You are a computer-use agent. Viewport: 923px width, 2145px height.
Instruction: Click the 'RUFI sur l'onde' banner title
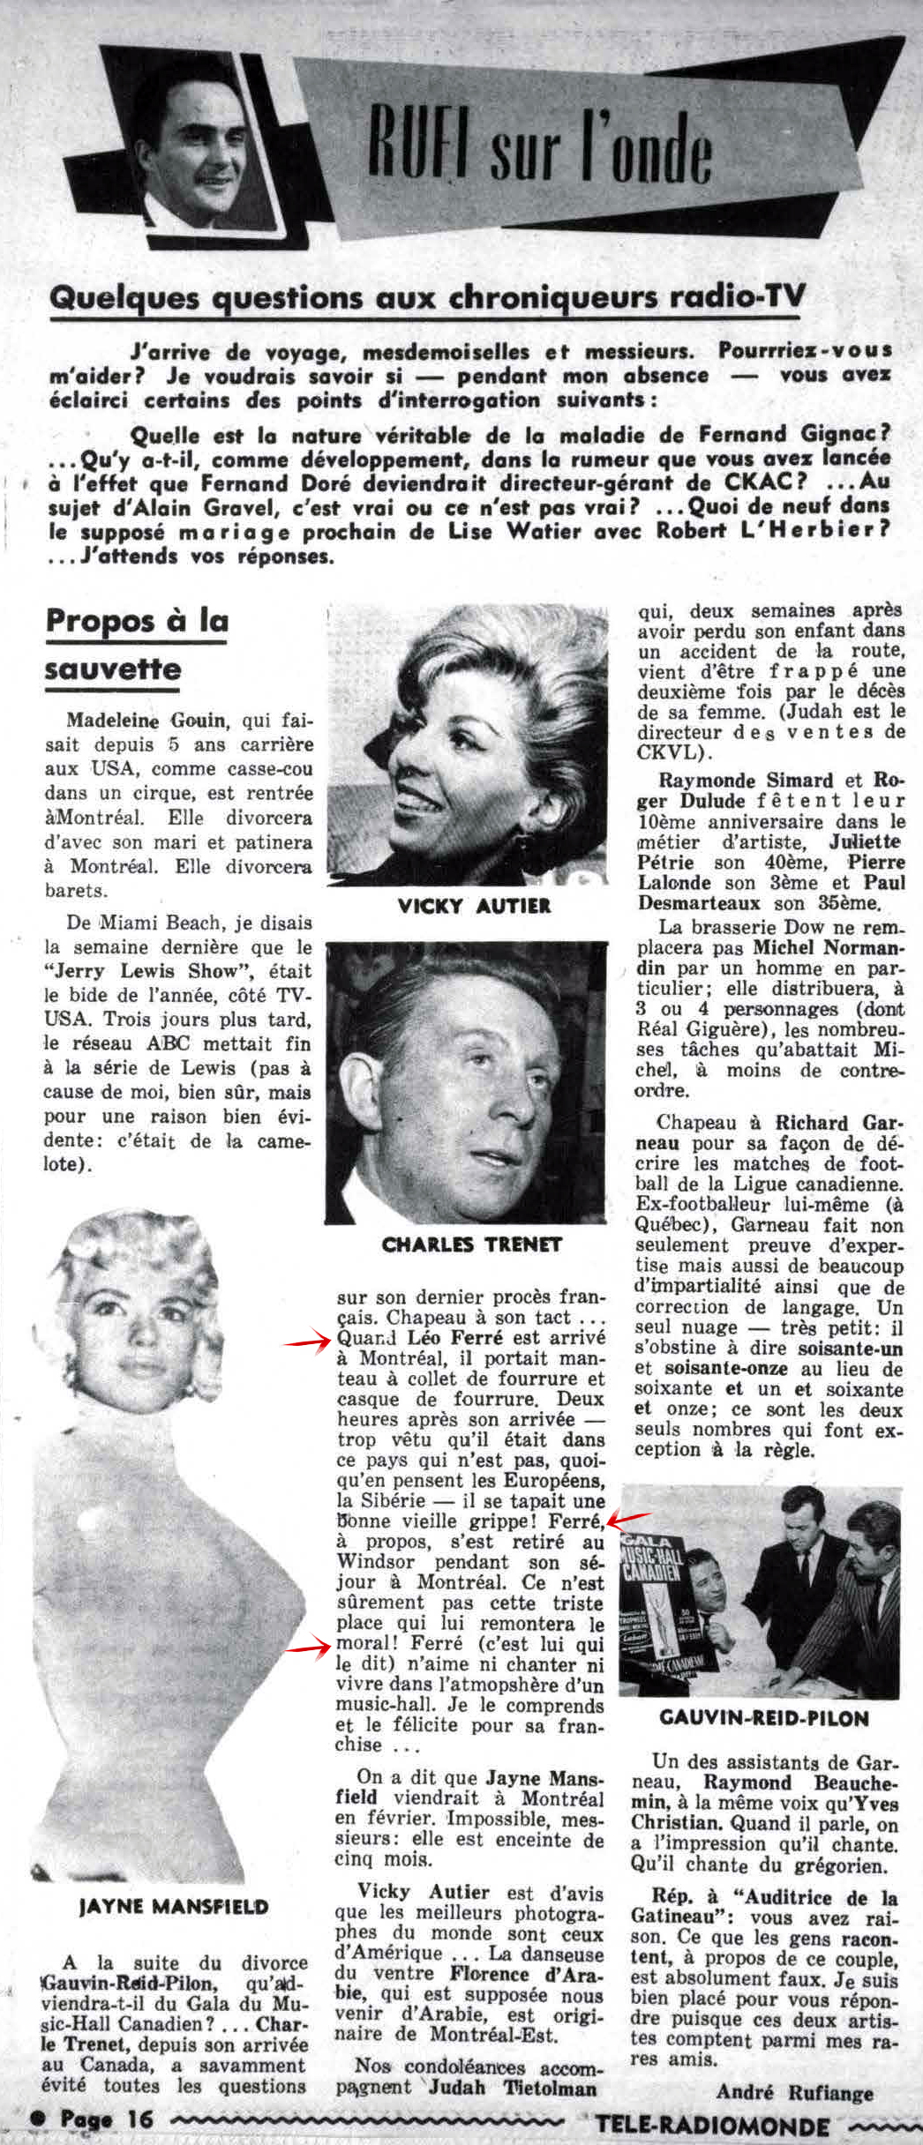[x=539, y=150]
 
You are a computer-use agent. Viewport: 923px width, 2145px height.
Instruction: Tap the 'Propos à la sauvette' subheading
[x=136, y=644]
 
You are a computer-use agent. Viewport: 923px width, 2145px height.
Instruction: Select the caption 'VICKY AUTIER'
[x=474, y=905]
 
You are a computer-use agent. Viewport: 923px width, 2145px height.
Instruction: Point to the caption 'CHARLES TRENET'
[x=472, y=1244]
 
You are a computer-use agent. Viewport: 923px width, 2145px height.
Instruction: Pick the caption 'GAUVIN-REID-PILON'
[x=763, y=1717]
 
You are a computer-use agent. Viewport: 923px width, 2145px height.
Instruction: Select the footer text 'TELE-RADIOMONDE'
[x=713, y=2124]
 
